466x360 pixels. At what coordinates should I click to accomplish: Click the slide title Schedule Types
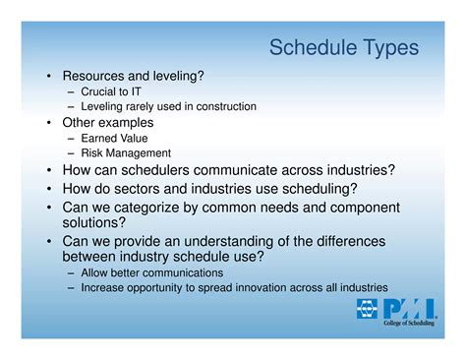(x=343, y=47)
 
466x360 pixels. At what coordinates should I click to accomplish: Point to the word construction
(x=223, y=106)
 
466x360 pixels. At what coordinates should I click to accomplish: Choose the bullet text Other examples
(x=108, y=123)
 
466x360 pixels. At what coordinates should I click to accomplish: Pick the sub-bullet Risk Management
(x=126, y=153)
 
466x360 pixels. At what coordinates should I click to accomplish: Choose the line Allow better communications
(x=151, y=272)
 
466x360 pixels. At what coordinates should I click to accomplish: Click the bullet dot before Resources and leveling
(x=49, y=76)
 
